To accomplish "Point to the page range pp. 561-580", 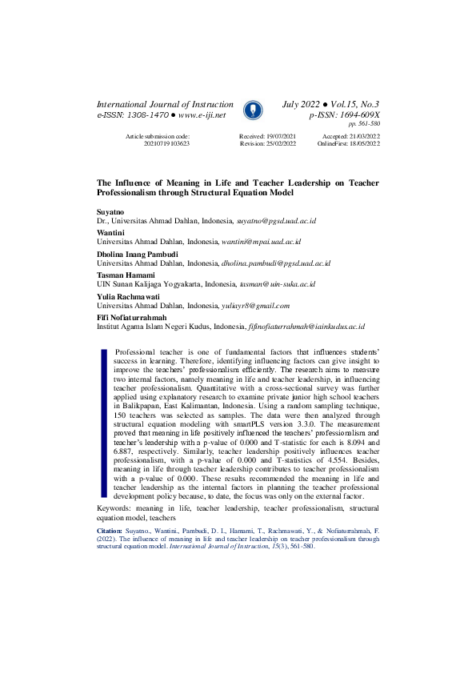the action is [364, 125].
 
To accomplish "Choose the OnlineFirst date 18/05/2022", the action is [360, 144].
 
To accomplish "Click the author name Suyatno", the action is [110, 210].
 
